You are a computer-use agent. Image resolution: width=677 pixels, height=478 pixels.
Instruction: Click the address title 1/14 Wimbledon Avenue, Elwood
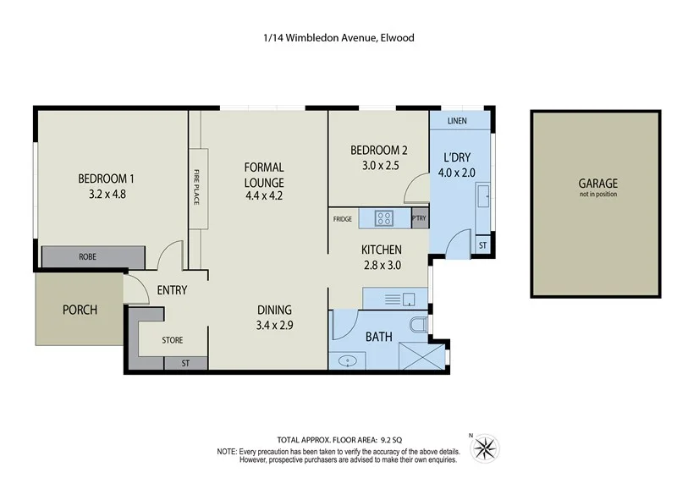pyautogui.click(x=338, y=37)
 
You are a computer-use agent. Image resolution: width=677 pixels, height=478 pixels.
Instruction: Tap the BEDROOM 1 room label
pyautogui.click(x=107, y=179)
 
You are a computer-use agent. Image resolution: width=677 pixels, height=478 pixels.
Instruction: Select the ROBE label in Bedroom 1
pyautogui.click(x=87, y=256)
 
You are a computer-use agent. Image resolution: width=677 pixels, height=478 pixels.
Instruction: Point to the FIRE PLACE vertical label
pyautogui.click(x=196, y=189)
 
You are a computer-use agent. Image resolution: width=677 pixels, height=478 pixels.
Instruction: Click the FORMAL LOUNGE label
pyautogui.click(x=264, y=174)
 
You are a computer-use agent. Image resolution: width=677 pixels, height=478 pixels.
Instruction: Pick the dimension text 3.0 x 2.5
pyautogui.click(x=379, y=166)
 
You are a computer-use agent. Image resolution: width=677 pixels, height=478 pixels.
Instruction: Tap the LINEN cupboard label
pyautogui.click(x=457, y=122)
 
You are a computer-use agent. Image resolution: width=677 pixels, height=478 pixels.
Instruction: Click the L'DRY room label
pyautogui.click(x=456, y=158)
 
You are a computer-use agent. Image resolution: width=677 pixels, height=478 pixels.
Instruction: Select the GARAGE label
pyautogui.click(x=597, y=183)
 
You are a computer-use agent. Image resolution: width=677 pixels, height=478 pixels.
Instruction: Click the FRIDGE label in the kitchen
pyautogui.click(x=343, y=219)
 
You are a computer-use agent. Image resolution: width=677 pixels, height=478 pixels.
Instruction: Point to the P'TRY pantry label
pyautogui.click(x=418, y=219)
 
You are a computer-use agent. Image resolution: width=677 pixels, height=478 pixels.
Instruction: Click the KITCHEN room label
pyautogui.click(x=381, y=250)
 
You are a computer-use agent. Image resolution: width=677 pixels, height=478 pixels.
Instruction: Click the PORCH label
pyautogui.click(x=80, y=310)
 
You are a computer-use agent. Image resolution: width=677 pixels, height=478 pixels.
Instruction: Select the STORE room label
pyautogui.click(x=173, y=340)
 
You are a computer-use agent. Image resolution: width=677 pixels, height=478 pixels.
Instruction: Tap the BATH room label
pyautogui.click(x=378, y=337)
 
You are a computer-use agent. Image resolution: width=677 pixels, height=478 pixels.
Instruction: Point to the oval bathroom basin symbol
pyautogui.click(x=350, y=360)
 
